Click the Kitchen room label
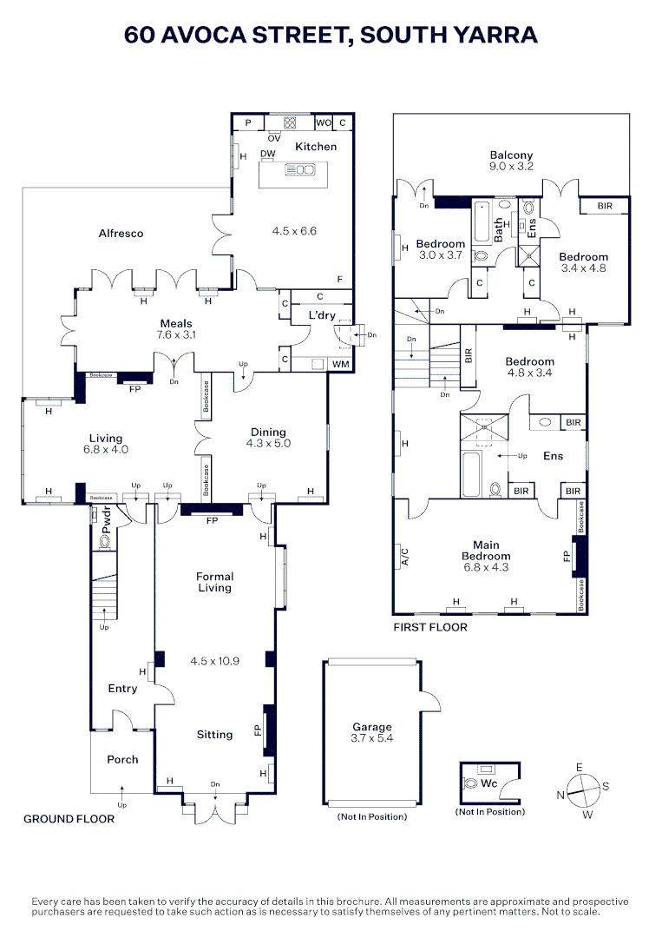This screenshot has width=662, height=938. [x=316, y=147]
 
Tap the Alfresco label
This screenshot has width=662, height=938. [x=121, y=234]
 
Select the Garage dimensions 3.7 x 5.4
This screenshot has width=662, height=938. [x=371, y=738]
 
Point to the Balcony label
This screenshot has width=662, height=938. [x=511, y=155]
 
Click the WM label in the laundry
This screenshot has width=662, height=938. [x=341, y=364]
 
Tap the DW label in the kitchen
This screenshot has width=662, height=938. [x=268, y=154]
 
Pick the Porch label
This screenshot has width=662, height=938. [x=122, y=759]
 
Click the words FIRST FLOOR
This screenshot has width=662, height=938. [x=430, y=627]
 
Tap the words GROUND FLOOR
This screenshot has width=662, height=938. [x=69, y=819]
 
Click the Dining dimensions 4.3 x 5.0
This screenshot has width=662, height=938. [x=268, y=443]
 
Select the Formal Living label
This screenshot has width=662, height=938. [x=214, y=582]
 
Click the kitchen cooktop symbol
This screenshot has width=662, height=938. [x=290, y=122]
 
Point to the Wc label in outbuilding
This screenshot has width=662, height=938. [x=488, y=783]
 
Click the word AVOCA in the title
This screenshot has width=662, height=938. [x=202, y=35]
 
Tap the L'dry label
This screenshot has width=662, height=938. [x=322, y=315]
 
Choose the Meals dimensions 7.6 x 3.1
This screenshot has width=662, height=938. [x=176, y=334]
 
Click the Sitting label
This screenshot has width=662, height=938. [x=214, y=735]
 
